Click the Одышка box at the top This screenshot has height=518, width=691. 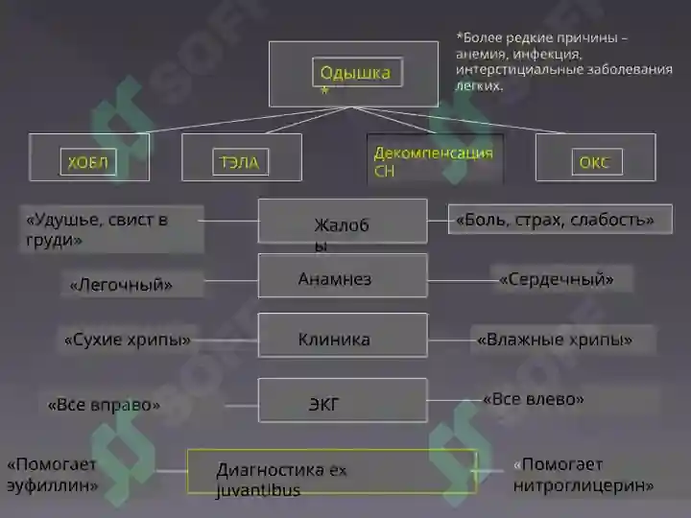[x=353, y=74]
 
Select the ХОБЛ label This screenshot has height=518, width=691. [x=88, y=162]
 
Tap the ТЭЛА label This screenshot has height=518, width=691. [x=240, y=162]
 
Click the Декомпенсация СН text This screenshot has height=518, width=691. [x=433, y=162]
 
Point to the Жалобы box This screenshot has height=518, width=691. [x=343, y=221]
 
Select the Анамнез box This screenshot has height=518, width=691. [x=343, y=275]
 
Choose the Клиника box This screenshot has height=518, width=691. [x=343, y=335]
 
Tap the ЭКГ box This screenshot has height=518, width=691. [x=343, y=400]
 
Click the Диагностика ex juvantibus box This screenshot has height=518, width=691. [x=332, y=471]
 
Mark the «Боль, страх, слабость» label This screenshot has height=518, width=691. [x=555, y=220]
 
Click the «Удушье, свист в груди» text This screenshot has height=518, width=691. [x=97, y=229]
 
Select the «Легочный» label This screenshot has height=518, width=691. [x=121, y=285]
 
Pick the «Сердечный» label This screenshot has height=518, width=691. [x=556, y=279]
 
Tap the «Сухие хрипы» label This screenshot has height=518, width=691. [x=128, y=340]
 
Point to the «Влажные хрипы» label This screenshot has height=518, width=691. [x=555, y=340]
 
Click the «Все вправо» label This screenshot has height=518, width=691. [x=104, y=405]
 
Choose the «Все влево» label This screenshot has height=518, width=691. [x=534, y=399]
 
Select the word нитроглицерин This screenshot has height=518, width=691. [x=584, y=485]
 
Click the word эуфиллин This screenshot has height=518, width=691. [x=53, y=485]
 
